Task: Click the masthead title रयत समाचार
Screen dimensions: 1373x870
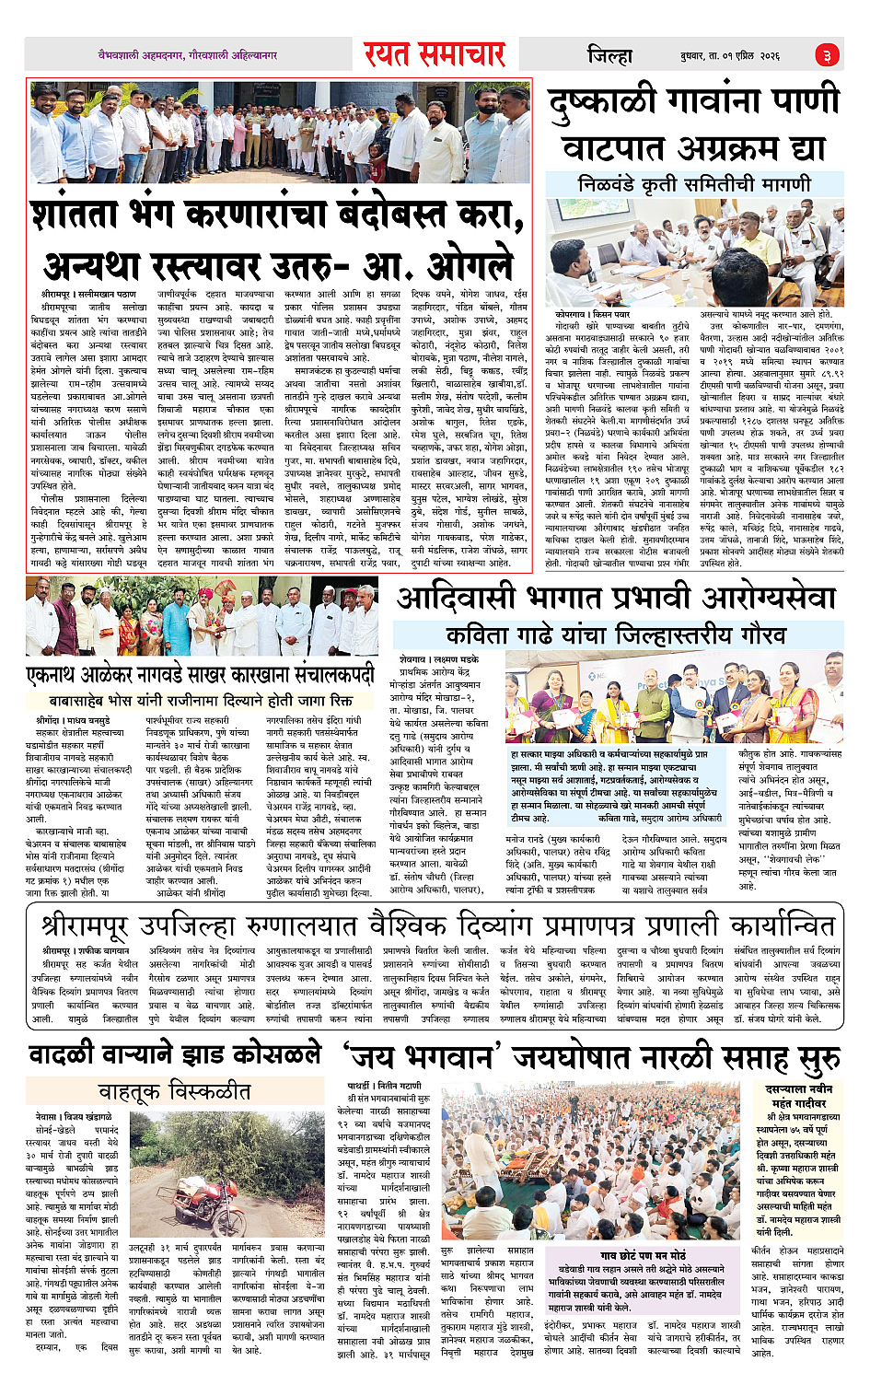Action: (434, 55)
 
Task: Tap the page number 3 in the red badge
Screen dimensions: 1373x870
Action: (827, 56)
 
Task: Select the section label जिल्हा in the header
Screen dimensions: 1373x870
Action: (609, 56)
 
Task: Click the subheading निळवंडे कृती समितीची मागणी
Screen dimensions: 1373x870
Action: (694, 183)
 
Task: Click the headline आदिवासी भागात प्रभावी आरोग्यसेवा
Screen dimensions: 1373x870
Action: (616, 599)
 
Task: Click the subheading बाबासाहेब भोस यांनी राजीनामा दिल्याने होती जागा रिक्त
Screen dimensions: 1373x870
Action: (201, 701)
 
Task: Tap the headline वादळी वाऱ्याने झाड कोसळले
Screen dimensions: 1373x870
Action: (175, 1053)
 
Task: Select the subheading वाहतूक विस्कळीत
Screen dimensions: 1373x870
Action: (174, 1091)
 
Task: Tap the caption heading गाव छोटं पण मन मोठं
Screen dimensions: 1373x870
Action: (643, 1255)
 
